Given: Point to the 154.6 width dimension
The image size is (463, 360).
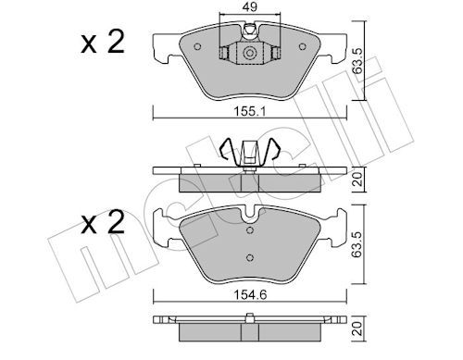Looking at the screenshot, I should tap(247, 288).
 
